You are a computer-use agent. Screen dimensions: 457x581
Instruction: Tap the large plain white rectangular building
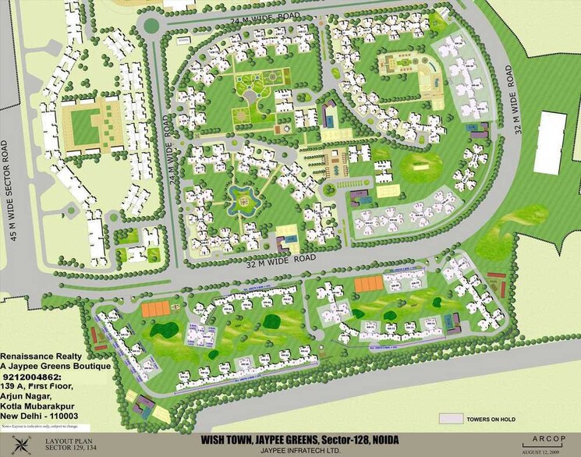[x=551, y=143]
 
